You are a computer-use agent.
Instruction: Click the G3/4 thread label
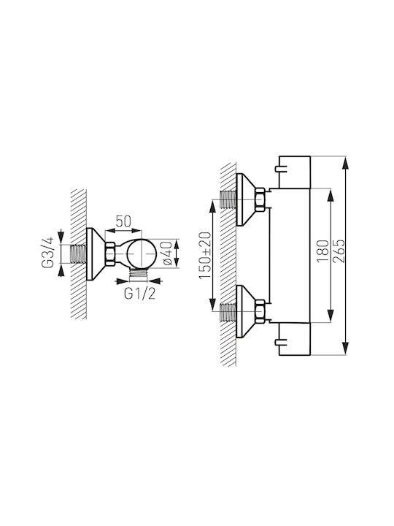[47, 252]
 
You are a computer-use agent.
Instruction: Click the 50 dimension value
[123, 221]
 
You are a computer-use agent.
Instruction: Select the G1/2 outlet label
[139, 294]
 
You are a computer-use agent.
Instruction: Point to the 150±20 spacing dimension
[205, 255]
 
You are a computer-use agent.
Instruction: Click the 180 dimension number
[322, 251]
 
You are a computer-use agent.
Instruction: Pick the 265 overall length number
[338, 251]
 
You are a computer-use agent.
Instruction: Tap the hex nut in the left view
[110, 254]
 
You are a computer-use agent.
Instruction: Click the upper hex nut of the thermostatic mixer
[260, 199]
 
